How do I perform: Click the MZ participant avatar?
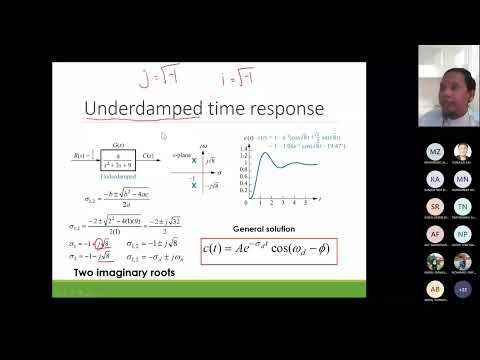click(435, 152)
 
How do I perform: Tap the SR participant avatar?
click(435, 207)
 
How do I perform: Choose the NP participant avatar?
click(462, 234)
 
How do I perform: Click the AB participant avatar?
click(435, 289)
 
